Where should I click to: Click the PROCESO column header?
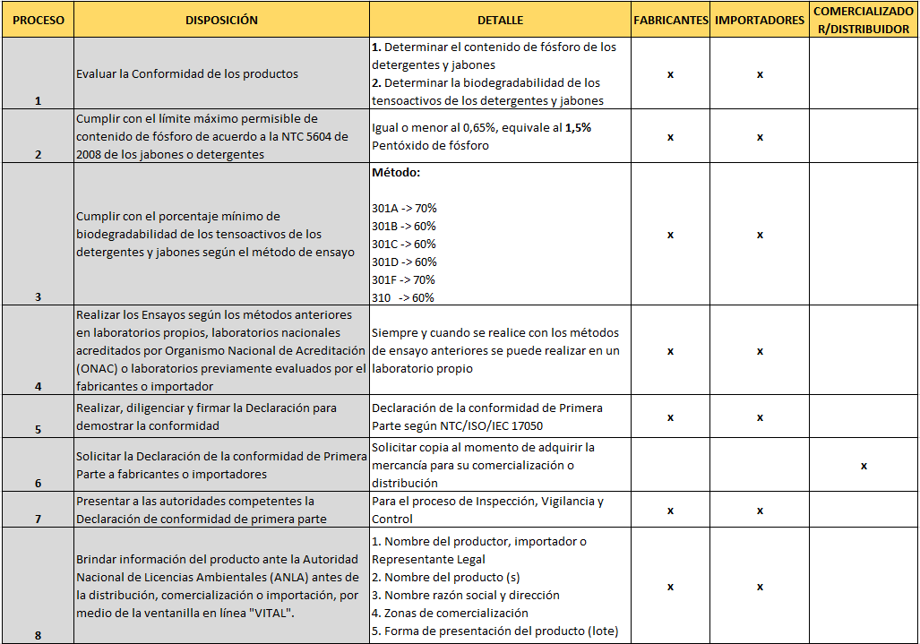pyautogui.click(x=39, y=20)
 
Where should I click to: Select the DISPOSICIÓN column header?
pyautogui.click(x=221, y=20)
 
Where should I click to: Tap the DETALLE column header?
pyautogui.click(x=500, y=20)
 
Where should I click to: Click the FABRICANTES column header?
pyautogui.click(x=670, y=20)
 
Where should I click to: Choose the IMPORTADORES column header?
pyautogui.click(x=760, y=20)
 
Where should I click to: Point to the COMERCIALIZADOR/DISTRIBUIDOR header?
pyautogui.click(x=864, y=20)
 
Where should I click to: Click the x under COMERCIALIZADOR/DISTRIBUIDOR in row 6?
pyautogui.click(x=864, y=466)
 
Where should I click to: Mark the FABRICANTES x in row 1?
pyautogui.click(x=670, y=74)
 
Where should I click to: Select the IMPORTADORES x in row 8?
pyautogui.click(x=760, y=587)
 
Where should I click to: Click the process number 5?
pyautogui.click(x=39, y=429)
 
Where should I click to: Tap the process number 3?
pyautogui.click(x=39, y=296)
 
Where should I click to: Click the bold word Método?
pyautogui.click(x=396, y=172)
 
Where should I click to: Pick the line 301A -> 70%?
pyautogui.click(x=404, y=208)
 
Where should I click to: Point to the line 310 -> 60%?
pyautogui.click(x=403, y=297)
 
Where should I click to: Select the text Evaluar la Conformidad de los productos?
pyautogui.click(x=187, y=74)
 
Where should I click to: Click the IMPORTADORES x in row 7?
pyautogui.click(x=760, y=511)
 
